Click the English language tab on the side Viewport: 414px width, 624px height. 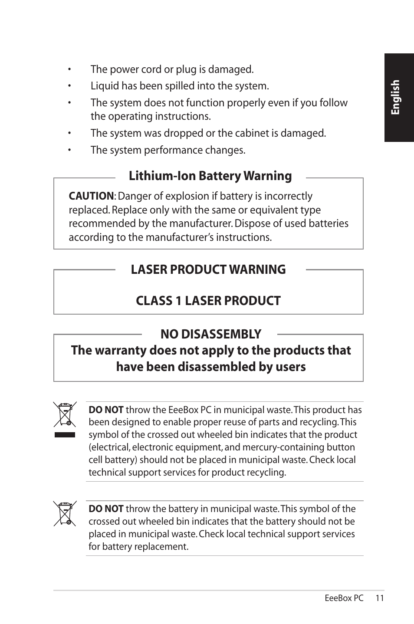[x=395, y=98]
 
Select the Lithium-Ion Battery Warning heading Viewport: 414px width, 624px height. [x=210, y=176]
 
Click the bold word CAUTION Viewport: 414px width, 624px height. [x=91, y=196]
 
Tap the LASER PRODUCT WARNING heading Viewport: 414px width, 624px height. [x=208, y=269]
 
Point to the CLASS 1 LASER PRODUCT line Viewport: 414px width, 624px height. [x=208, y=301]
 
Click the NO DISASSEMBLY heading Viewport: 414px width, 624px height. [x=210, y=334]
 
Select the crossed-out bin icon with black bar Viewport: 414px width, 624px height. [x=65, y=414]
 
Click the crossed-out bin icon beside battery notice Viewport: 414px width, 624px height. [x=65, y=513]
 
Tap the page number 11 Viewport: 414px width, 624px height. [x=380, y=598]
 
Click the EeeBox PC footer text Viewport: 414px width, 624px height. [x=344, y=598]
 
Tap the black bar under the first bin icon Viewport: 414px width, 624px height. [x=65, y=435]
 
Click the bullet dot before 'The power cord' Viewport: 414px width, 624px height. [x=69, y=70]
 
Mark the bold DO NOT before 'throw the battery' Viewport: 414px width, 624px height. [x=106, y=509]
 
